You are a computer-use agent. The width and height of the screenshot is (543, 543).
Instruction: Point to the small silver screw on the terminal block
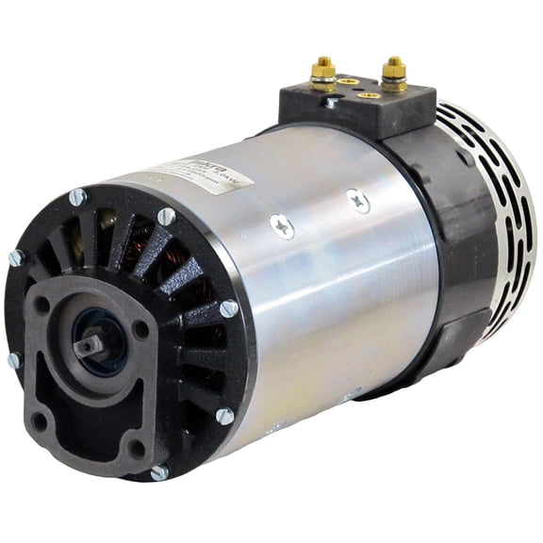[x=331, y=102]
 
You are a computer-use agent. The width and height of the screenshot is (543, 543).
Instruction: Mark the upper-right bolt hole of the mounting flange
[x=140, y=331]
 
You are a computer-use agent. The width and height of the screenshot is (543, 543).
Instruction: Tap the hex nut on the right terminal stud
[x=394, y=76]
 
